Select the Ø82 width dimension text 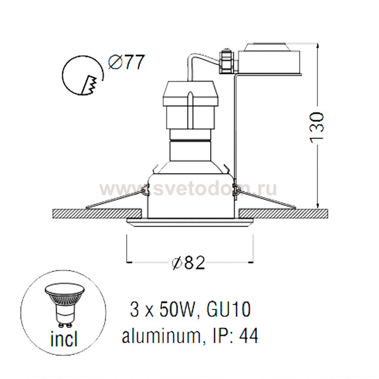pyautogui.click(x=189, y=262)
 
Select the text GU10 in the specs pyautogui.click(x=229, y=310)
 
